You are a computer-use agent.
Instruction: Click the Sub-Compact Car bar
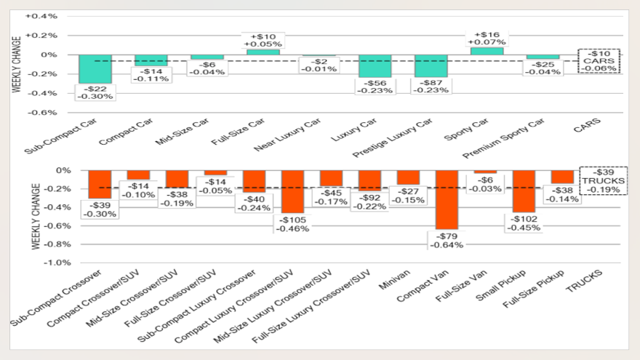pos(95,69)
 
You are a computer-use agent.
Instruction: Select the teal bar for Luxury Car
pos(375,66)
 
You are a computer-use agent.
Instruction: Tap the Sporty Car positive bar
pos(487,51)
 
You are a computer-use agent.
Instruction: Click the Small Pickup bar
pos(524,191)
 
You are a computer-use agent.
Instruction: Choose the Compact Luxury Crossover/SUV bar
pos(292,191)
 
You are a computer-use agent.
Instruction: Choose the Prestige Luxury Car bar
pos(431,66)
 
